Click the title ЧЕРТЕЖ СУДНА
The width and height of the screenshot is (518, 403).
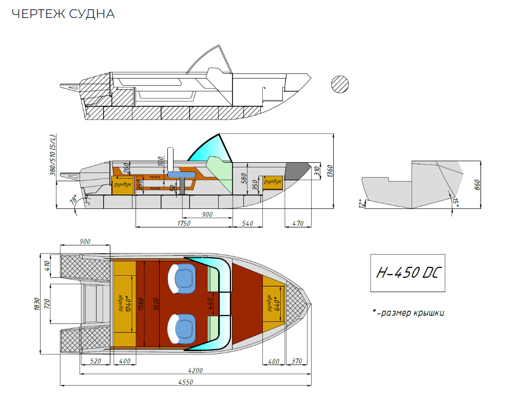tap(63, 14)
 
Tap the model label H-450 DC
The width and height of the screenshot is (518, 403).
tap(407, 273)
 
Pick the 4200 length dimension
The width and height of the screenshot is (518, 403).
tap(196, 371)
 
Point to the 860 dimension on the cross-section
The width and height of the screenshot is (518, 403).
tap(477, 183)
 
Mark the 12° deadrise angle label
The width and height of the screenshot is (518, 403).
tap(362, 203)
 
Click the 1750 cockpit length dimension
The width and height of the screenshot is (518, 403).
tap(184, 224)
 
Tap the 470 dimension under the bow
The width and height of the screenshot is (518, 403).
tap(297, 224)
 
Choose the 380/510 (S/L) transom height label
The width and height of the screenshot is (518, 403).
tap(53, 156)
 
